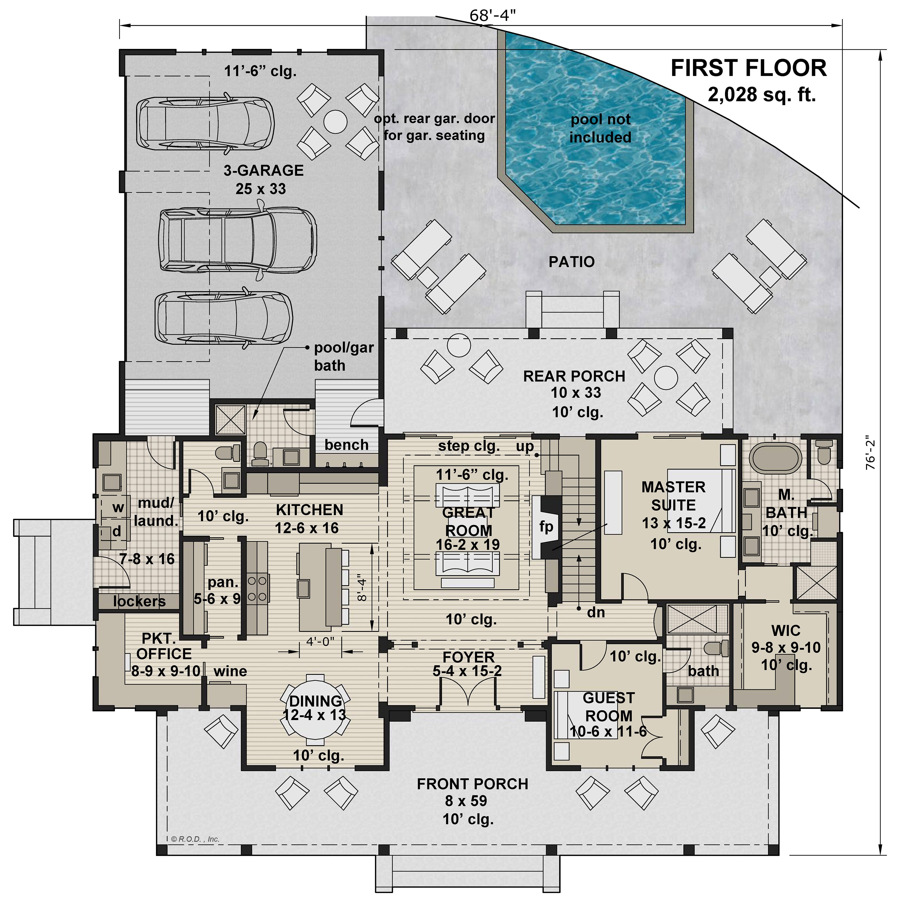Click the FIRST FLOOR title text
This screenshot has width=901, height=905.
pos(749,68)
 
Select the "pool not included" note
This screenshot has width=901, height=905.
pos(601,128)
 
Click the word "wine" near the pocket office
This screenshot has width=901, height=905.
pos(230,671)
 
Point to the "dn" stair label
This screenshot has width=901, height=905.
pos(596,612)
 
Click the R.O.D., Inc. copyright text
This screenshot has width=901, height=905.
pos(195,839)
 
